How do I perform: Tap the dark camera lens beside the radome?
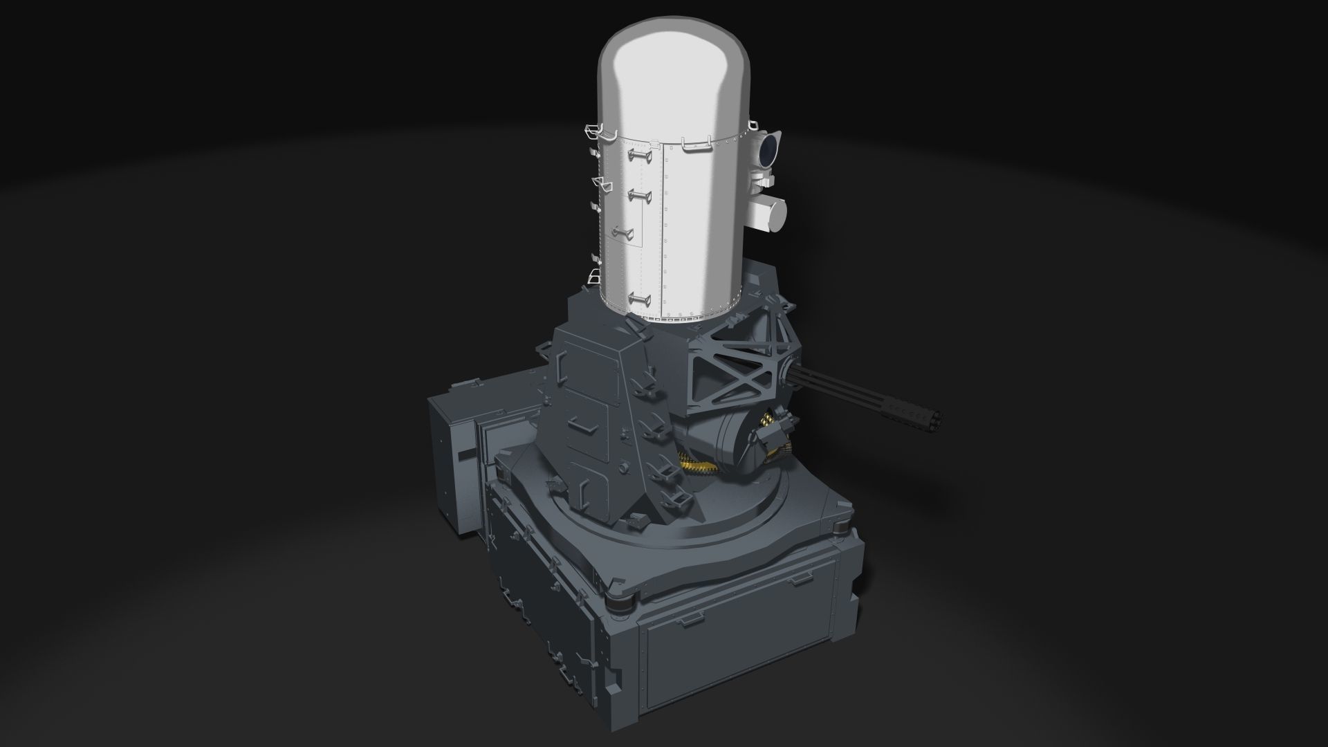coord(769,148)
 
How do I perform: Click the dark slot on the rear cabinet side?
coord(468,453)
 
